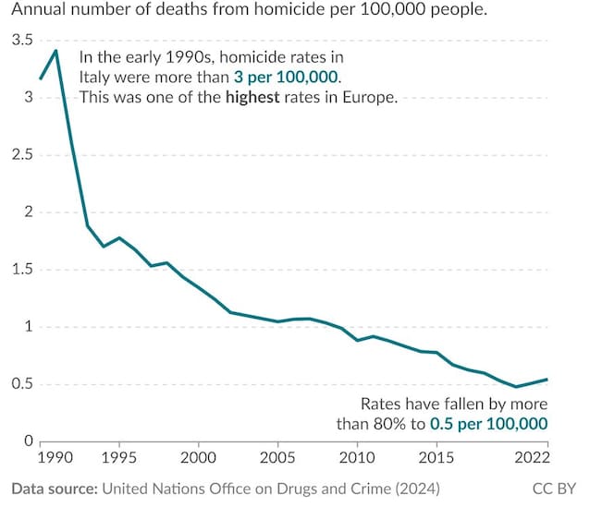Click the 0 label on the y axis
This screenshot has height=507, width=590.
pyautogui.click(x=29, y=441)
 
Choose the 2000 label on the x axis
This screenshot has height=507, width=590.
pyautogui.click(x=197, y=457)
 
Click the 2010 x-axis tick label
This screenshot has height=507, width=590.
pyautogui.click(x=356, y=457)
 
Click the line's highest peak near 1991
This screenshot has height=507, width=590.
pyautogui.click(x=56, y=50)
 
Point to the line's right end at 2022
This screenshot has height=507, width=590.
pyautogui.click(x=547, y=380)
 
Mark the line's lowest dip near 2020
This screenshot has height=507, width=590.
pyautogui.click(x=516, y=387)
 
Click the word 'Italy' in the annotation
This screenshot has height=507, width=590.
pyautogui.click(x=95, y=77)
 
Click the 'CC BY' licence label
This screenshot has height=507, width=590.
pyautogui.click(x=554, y=487)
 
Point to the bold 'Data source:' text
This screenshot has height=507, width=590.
pyautogui.click(x=55, y=487)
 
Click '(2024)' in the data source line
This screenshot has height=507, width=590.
pyautogui.click(x=415, y=487)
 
